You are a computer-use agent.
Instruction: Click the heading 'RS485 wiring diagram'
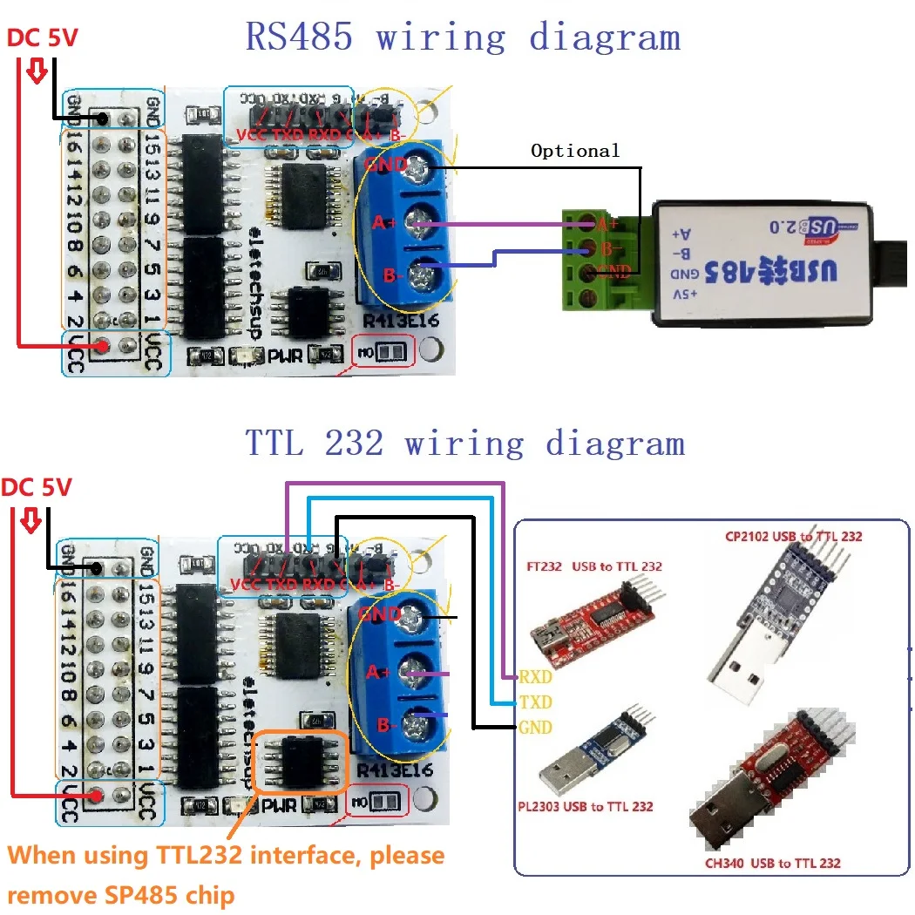(462, 37)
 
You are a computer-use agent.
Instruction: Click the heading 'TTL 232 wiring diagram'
(464, 444)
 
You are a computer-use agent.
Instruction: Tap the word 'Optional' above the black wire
(575, 151)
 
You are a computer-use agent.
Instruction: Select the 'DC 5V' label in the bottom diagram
(37, 487)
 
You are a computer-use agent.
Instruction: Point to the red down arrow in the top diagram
(36, 71)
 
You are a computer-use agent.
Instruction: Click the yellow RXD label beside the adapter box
(535, 675)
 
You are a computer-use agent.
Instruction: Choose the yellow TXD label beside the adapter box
(535, 701)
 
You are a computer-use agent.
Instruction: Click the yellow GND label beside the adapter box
(535, 727)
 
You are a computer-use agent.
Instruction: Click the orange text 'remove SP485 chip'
(122, 895)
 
